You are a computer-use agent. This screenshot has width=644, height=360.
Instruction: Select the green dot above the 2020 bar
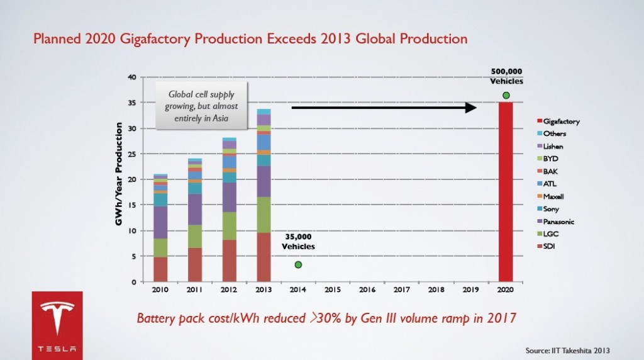pyautogui.click(x=506, y=95)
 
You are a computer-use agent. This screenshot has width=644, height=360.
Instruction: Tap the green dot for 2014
pyautogui.click(x=298, y=264)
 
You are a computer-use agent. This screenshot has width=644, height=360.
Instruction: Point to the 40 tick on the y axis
pyautogui.click(x=131, y=77)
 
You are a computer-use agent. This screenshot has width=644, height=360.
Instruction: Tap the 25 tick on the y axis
pyautogui.click(x=131, y=154)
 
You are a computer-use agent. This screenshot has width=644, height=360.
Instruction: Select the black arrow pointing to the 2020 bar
pyautogui.click(x=383, y=108)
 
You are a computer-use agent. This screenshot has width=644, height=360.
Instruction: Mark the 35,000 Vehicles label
pyautogui.click(x=297, y=242)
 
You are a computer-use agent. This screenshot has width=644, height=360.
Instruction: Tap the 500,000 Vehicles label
pyautogui.click(x=506, y=76)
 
